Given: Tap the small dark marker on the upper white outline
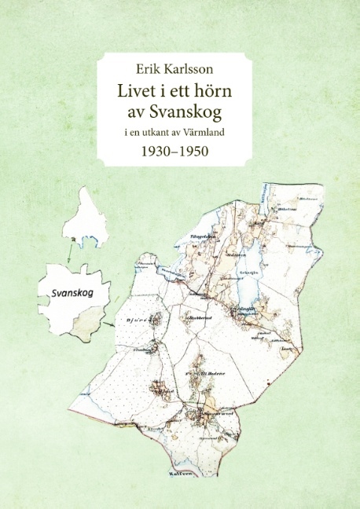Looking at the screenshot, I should tap(73, 239).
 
